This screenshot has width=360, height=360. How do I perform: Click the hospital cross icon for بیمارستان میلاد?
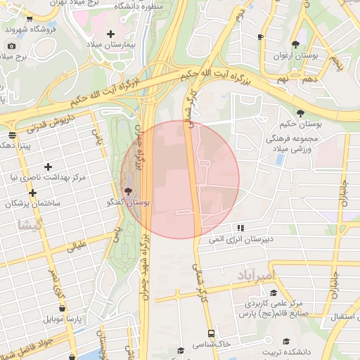pos(110,34)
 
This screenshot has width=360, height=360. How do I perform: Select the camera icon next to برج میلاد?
pos(11,46)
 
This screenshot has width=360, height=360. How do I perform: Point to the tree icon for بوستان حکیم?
pos(301,112)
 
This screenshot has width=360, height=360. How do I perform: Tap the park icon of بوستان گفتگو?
pos(128,191)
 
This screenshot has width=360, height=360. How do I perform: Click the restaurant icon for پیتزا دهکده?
pos(12,134)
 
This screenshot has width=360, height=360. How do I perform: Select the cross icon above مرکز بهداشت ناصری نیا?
pos(48,167)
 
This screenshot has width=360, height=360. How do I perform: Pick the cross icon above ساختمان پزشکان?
pos(32,192)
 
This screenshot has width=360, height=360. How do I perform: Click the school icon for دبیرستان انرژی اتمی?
pos(240,228)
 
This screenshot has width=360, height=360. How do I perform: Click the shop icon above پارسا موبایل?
pos(63,308)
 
